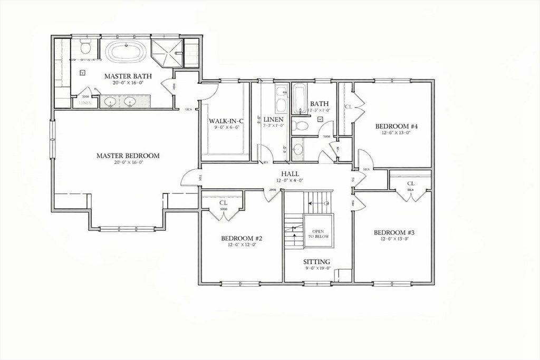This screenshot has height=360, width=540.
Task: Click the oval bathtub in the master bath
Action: click(x=127, y=52)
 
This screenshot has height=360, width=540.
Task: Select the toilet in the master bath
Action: click(x=85, y=48)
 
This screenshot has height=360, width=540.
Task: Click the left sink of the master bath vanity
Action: click(x=111, y=101)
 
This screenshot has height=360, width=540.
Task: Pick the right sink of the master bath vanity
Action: click(x=130, y=101)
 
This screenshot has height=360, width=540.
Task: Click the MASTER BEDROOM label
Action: click(x=128, y=155)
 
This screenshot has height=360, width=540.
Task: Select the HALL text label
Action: click(x=290, y=173)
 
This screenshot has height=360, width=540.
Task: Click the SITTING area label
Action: click(x=316, y=261)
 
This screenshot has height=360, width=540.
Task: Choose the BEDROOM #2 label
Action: click(x=242, y=238)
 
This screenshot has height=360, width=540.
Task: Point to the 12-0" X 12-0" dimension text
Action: click(x=242, y=245)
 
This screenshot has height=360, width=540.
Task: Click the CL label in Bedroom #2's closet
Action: click(x=223, y=202)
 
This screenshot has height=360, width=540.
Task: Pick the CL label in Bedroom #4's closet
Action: click(x=348, y=107)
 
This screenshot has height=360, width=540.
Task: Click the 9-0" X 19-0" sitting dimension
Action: click(x=316, y=268)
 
